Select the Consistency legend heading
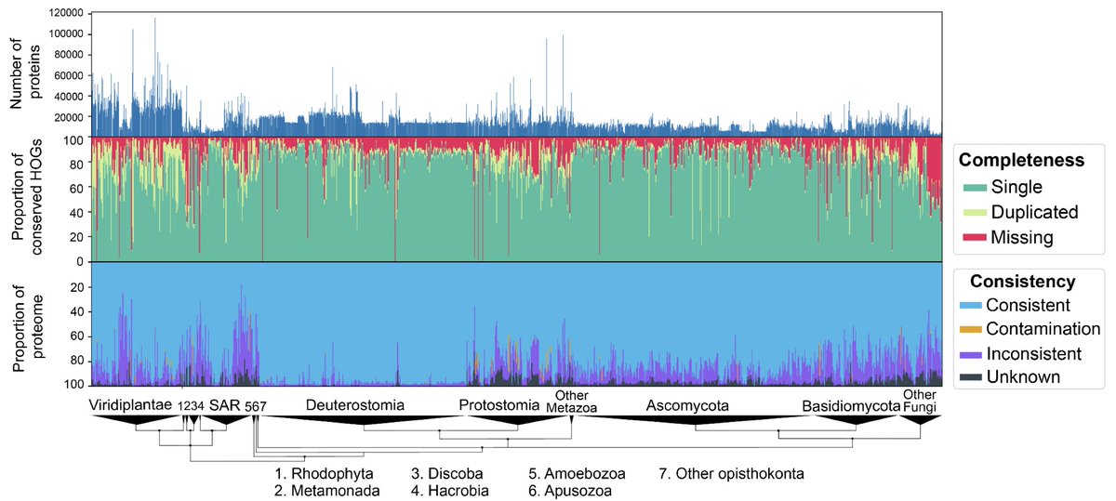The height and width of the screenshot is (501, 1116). [x=1023, y=281]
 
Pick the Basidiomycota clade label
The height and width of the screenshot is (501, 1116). [x=853, y=404]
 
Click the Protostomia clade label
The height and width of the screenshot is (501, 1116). [x=500, y=404]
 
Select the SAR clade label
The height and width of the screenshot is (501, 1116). [x=223, y=404]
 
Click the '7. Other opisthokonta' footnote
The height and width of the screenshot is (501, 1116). [x=731, y=474]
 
